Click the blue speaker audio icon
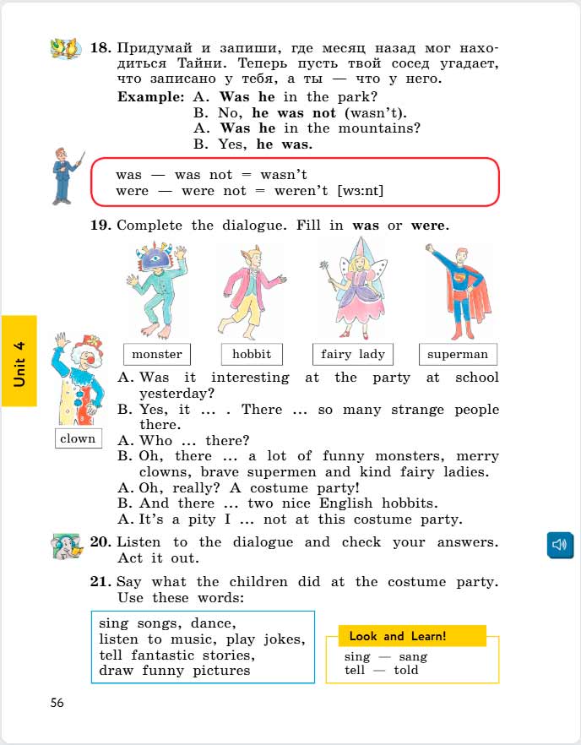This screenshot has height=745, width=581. pos(560,545)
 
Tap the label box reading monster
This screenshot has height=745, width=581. pos(157,354)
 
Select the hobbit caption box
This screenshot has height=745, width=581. pos(252,354)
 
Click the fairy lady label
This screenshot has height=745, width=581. pos(353,354)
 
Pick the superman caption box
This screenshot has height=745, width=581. pos(458,354)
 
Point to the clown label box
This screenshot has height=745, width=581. pos(78,438)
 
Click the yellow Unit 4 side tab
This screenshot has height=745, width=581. pos(19,361)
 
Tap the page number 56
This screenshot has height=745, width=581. pos(57,702)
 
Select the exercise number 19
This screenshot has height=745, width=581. pos(101,226)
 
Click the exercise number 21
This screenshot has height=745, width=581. pos(101,582)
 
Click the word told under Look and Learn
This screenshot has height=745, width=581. pos(405,670)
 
